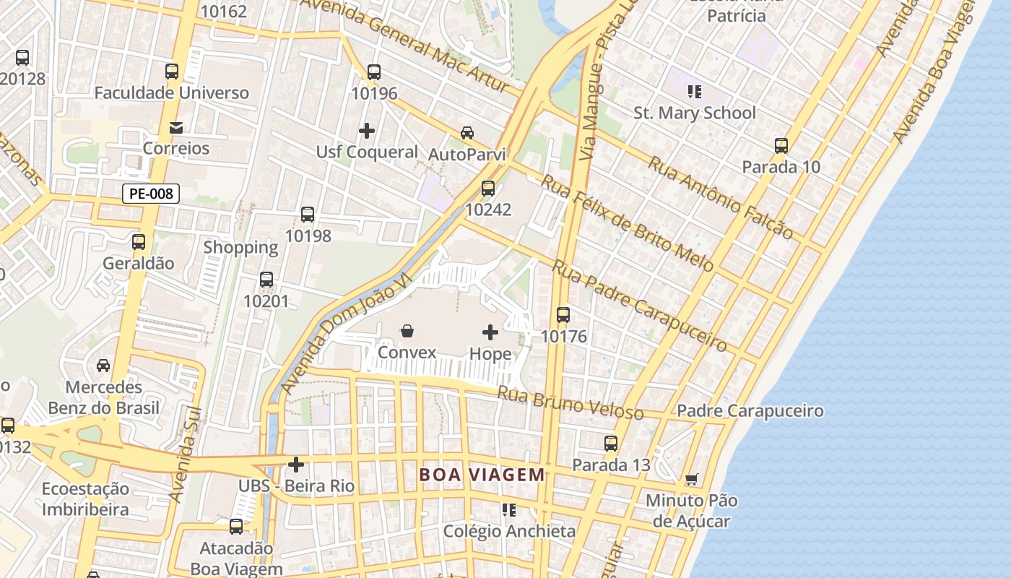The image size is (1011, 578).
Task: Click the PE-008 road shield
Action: click(150, 194)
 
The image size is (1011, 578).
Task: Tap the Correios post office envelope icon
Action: click(175, 128)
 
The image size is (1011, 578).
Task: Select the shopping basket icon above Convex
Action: click(407, 332)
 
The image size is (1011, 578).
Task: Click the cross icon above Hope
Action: click(490, 332)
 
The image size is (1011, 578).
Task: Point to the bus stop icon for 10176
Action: click(563, 315)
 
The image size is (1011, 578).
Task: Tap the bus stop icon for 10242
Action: click(488, 189)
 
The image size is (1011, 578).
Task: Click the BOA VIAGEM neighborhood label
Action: click(482, 475)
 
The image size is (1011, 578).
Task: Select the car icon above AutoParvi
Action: click(467, 133)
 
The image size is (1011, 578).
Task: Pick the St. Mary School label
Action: click(694, 113)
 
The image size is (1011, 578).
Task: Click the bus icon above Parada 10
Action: click(781, 146)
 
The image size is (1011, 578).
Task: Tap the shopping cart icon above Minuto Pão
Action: click(691, 479)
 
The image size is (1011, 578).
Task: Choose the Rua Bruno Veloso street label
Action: click(570, 402)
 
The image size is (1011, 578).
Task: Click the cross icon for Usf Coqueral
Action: click(367, 131)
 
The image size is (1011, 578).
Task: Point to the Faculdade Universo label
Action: click(171, 93)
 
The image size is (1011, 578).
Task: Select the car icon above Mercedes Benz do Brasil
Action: click(103, 366)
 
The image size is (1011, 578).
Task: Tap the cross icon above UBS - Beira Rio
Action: click(296, 464)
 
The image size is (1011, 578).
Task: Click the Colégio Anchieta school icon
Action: click(509, 510)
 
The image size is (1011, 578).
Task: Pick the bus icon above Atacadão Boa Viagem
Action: click(236, 527)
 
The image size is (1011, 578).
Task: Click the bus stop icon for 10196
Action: click(373, 72)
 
